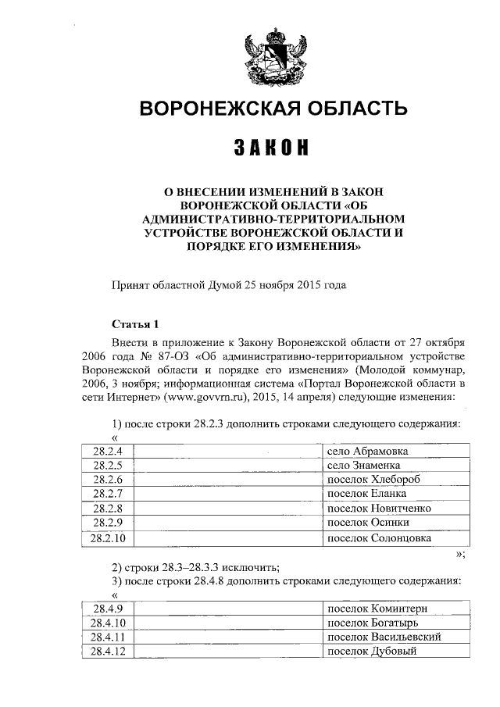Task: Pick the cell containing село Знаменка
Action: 364,466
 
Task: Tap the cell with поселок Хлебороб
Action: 373,480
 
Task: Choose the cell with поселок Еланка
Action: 366,494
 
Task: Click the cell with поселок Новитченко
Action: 380,509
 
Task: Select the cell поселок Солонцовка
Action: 380,537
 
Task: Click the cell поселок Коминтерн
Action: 379,609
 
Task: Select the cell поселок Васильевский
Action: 384,637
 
